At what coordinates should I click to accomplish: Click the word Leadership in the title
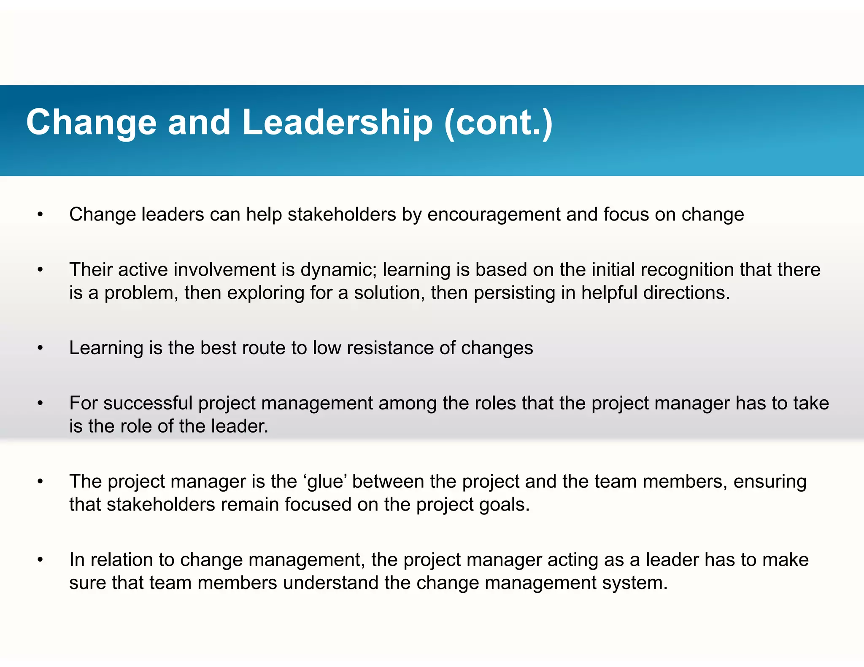337,122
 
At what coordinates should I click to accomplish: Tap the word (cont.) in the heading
498,122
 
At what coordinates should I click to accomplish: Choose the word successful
148,403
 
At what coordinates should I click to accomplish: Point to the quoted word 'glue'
325,481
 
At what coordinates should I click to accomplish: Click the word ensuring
770,481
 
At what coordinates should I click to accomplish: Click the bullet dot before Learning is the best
40,348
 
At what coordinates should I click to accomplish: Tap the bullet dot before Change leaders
40,215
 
